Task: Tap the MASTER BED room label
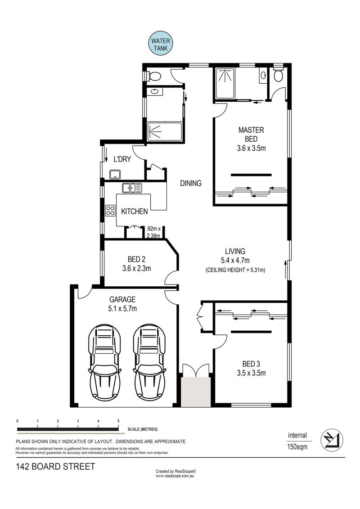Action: point(251,135)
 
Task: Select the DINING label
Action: point(190,183)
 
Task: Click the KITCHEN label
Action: point(135,212)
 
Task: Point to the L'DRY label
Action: point(122,159)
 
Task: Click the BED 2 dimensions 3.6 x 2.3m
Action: point(136,269)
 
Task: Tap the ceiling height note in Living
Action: point(235,270)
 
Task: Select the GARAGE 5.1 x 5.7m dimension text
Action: point(122,308)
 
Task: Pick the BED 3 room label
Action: point(251,364)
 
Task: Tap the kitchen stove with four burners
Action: point(110,210)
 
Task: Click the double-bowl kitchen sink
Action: point(132,188)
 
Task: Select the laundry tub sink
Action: point(115,174)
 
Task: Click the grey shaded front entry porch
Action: point(196,392)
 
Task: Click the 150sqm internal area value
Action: point(297,447)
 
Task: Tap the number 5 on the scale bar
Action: point(118,421)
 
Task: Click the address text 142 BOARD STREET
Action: point(55,467)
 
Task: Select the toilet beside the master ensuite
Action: point(278,75)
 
